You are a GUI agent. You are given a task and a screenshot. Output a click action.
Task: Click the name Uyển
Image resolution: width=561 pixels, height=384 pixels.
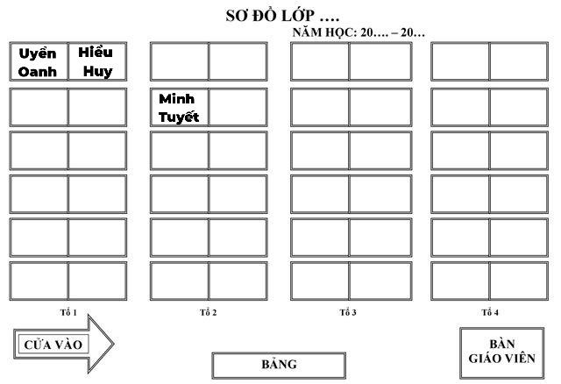tap(38, 53)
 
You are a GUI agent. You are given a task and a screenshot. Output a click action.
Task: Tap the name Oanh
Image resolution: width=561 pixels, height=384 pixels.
tap(38, 72)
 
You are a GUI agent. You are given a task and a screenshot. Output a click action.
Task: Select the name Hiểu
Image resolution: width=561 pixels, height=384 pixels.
tap(96, 53)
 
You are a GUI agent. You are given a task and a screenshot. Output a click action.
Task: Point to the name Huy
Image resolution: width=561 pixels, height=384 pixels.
tap(97, 71)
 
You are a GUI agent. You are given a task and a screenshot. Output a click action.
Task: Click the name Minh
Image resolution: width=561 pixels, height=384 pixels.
tap(177, 99)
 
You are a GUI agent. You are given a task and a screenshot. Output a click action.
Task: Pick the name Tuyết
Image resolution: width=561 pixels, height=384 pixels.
tap(179, 117)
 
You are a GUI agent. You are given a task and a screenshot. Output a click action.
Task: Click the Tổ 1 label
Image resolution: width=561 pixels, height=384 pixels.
tap(68, 312)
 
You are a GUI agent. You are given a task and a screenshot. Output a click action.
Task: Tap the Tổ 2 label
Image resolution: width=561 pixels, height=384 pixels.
tap(209, 312)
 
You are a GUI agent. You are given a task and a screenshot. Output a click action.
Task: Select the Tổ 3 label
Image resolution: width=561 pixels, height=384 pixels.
tap(348, 312)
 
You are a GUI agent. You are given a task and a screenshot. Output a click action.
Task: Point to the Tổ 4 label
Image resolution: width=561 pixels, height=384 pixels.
tap(490, 312)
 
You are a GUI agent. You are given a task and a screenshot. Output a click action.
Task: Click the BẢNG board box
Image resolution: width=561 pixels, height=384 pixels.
tap(279, 366)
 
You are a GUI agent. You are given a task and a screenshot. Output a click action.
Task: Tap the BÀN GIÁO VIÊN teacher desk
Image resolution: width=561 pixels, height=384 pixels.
tap(502, 352)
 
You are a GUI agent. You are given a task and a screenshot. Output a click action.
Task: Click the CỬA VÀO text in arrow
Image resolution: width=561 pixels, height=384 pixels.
tap(53, 345)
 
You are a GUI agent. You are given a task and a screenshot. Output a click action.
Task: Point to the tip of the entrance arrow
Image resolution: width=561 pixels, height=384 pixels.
tap(114, 345)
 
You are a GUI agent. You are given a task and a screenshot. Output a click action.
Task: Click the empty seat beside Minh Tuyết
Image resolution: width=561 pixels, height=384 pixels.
tap(238, 107)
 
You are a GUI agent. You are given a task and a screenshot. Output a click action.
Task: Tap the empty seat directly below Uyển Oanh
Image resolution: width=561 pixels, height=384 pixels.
tap(39, 107)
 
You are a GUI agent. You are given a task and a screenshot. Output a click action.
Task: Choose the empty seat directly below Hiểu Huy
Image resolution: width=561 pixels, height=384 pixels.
tap(97, 107)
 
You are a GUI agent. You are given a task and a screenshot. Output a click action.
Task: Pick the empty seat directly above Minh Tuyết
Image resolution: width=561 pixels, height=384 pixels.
tap(179, 61)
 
